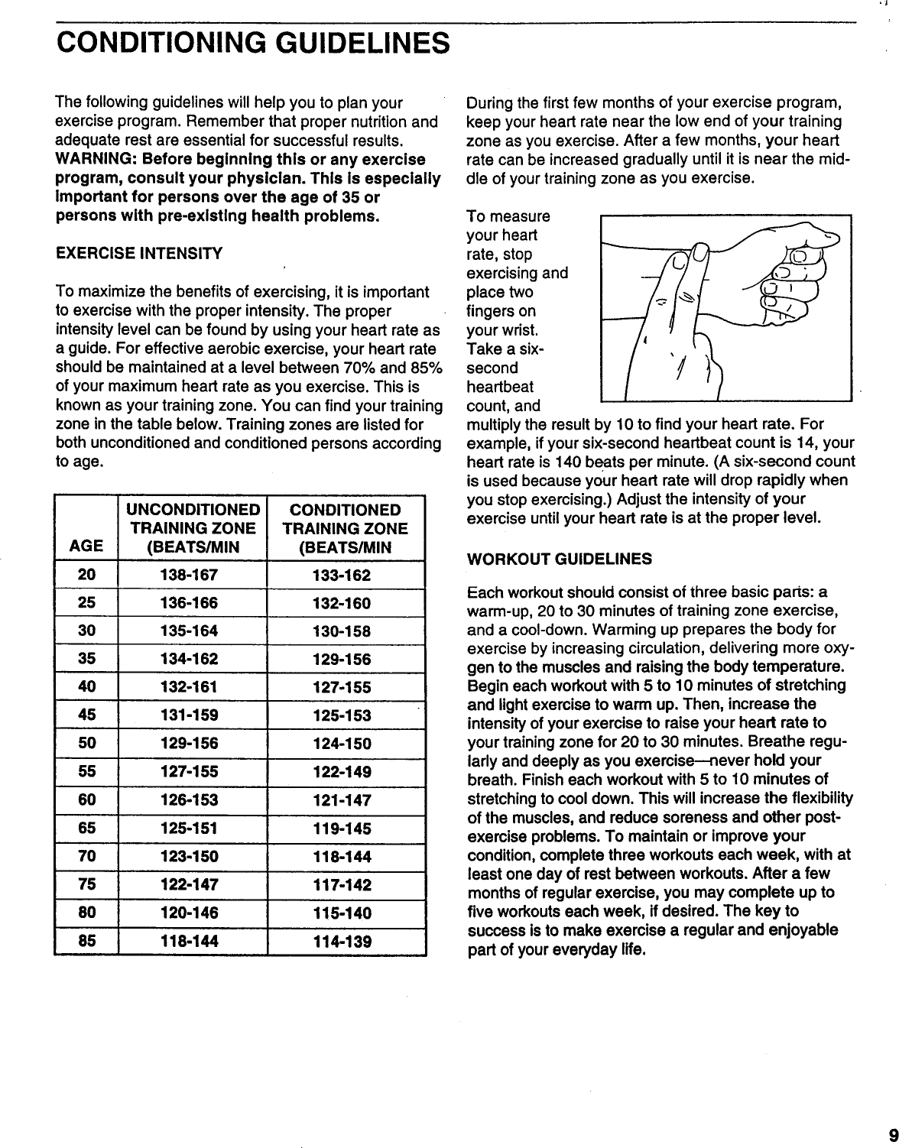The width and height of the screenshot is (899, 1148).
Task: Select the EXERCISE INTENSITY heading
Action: click(139, 253)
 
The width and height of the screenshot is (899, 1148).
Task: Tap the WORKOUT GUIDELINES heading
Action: click(559, 559)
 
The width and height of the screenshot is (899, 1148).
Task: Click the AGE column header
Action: click(86, 547)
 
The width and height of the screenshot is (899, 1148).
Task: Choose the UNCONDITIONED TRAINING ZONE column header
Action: click(193, 528)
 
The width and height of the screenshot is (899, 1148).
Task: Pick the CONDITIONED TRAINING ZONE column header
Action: click(346, 528)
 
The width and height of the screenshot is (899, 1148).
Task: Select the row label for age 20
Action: click(86, 576)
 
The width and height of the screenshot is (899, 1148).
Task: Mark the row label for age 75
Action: click(86, 885)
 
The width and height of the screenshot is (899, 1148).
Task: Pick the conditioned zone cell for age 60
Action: click(342, 800)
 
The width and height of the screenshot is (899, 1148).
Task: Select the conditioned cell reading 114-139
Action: click(342, 942)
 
